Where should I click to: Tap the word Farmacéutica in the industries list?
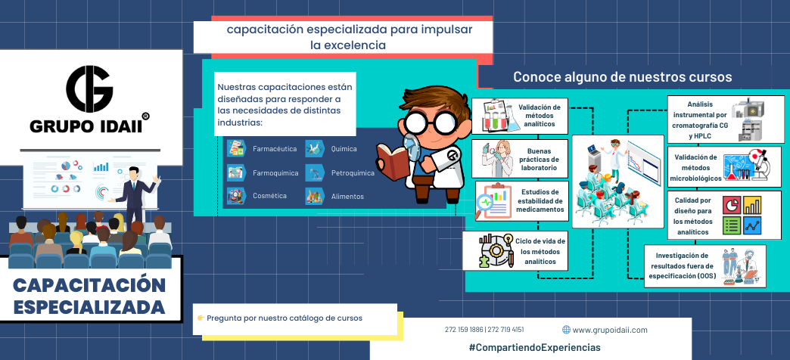click(x=274, y=148)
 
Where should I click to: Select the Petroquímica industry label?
click(x=353, y=173)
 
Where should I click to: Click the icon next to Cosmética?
click(x=237, y=196)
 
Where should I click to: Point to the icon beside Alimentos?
click(x=315, y=196)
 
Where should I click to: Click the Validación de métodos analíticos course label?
click(x=539, y=116)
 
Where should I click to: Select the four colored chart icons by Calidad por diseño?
click(x=742, y=216)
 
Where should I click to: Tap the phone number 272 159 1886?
click(x=464, y=330)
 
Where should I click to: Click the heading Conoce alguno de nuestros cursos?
click(x=622, y=77)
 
